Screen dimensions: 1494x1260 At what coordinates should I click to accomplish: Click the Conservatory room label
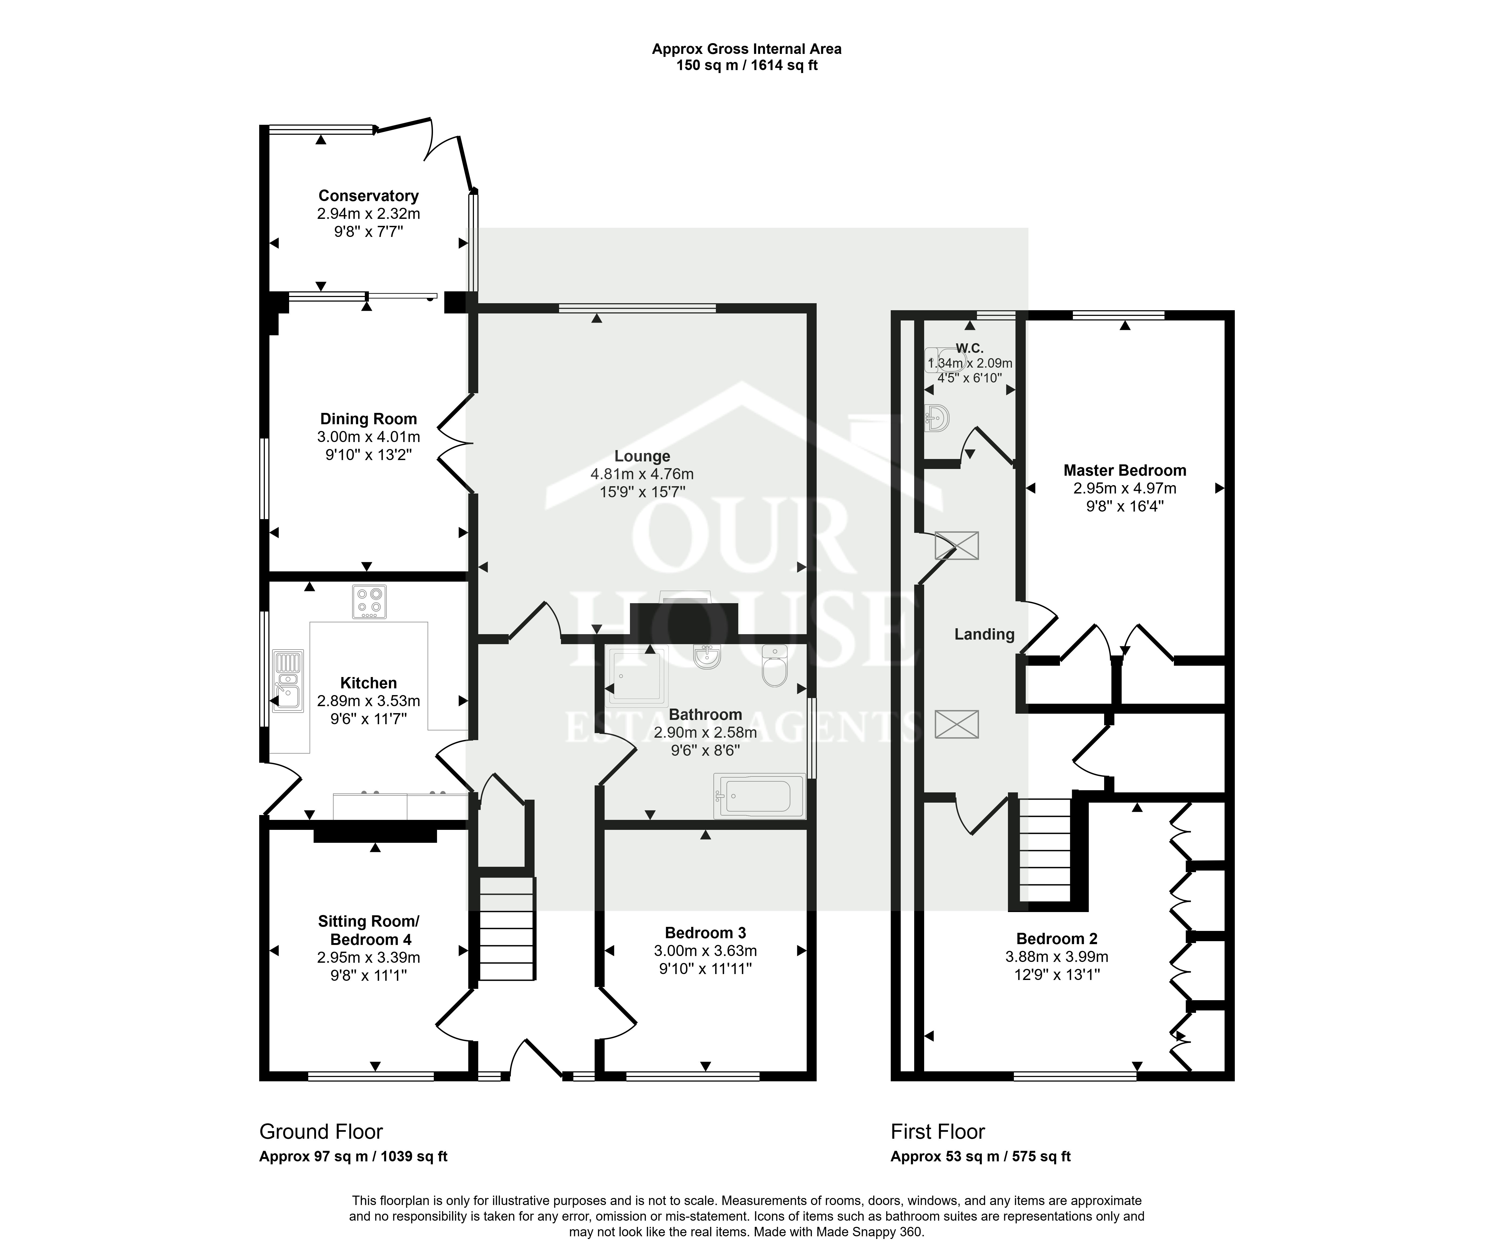click(x=369, y=196)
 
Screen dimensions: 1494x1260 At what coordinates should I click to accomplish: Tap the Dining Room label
click(x=369, y=419)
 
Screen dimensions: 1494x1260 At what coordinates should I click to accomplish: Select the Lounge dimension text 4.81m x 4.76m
click(x=642, y=474)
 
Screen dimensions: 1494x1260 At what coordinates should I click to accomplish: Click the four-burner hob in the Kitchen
click(x=369, y=601)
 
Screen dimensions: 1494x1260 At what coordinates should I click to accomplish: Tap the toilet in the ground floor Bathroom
click(x=774, y=666)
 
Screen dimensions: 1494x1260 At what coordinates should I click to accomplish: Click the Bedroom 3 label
click(x=706, y=933)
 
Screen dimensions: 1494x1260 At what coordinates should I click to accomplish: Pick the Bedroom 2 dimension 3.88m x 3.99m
click(x=1057, y=957)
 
